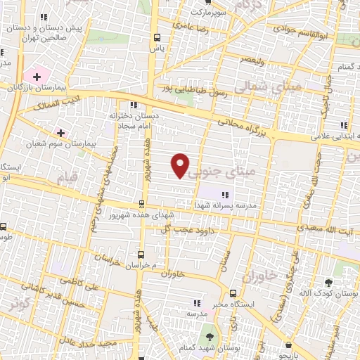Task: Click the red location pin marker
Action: tap(181, 165)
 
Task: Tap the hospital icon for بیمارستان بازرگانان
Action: tap(36, 75)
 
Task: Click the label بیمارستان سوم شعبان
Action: tap(68, 143)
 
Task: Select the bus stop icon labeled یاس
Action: tap(156, 39)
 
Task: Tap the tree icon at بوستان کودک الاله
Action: tap(327, 283)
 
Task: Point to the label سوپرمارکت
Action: tap(210, 13)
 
